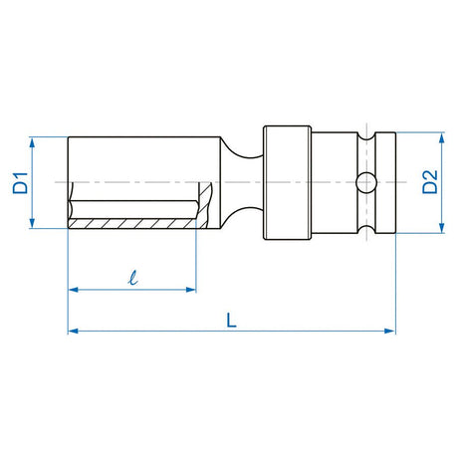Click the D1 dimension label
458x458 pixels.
pyautogui.click(x=18, y=183)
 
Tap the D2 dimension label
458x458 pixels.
pyautogui.click(x=430, y=181)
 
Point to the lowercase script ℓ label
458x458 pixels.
pyautogui.click(x=132, y=278)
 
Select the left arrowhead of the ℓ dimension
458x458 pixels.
pyautogui.click(x=72, y=290)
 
